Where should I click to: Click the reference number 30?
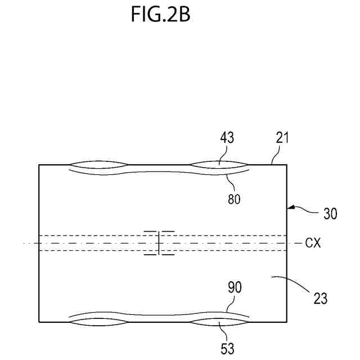tap(330, 214)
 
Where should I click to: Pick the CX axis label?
tap(314, 243)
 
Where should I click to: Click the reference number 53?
tap(227, 349)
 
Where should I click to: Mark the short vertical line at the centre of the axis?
tap(160, 243)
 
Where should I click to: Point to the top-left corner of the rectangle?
tap(39, 165)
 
